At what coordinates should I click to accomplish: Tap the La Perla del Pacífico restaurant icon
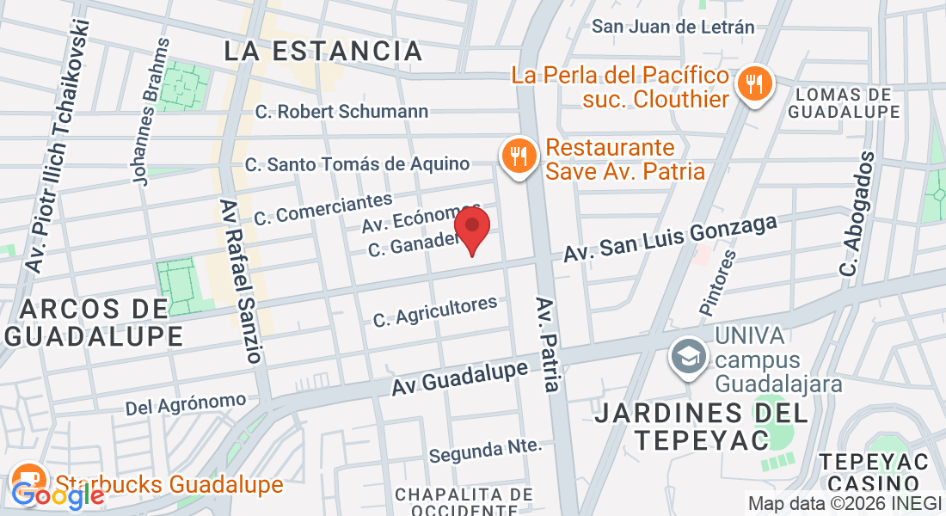click(x=756, y=85)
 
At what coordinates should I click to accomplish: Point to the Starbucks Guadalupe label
click(x=169, y=484)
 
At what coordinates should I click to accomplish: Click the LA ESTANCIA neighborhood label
click(x=323, y=51)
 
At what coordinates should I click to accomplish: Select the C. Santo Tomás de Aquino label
click(x=357, y=163)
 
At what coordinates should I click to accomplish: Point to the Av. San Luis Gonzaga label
click(x=671, y=238)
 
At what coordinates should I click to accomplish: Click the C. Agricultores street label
click(x=435, y=311)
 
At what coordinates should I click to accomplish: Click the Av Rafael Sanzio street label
click(x=240, y=281)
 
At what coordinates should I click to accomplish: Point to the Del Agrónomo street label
click(x=186, y=402)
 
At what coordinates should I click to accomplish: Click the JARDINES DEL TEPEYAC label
click(x=702, y=427)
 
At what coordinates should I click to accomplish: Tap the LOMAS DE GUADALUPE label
click(x=844, y=102)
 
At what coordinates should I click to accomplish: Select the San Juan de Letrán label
click(x=673, y=27)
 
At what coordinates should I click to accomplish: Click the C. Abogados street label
click(x=858, y=215)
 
